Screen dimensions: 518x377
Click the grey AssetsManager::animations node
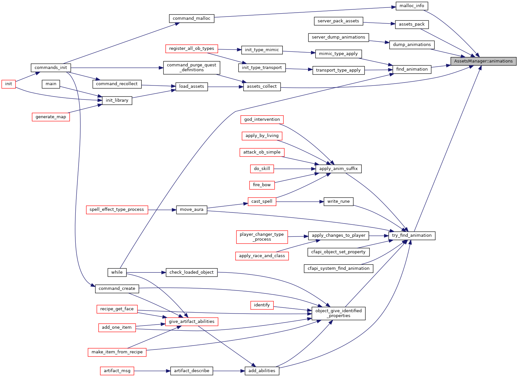pos(483,61)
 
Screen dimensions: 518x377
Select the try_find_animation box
pos(412,235)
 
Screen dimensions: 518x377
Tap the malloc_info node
pos(412,6)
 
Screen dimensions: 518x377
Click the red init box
pos(8,84)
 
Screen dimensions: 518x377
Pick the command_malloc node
pos(192,18)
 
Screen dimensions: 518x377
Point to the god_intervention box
pos(262,120)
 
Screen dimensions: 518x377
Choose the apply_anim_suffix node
pos(338,169)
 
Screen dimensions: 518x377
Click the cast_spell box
pos(262,201)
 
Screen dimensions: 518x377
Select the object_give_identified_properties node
pos(338,313)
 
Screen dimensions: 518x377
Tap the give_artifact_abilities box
pos(192,322)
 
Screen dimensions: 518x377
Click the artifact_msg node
pos(117,371)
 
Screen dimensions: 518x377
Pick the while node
pos(117,272)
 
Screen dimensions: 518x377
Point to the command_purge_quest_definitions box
pos(192,68)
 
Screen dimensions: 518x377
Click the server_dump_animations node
pos(338,38)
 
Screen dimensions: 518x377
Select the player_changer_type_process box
pos(262,237)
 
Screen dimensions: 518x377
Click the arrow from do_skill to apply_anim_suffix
pos(295,169)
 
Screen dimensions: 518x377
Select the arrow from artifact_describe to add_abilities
pos(229,371)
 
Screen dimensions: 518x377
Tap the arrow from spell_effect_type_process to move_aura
pos(162,210)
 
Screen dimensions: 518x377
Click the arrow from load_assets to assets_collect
pos(226,87)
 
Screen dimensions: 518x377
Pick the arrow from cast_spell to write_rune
pos(300,202)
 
